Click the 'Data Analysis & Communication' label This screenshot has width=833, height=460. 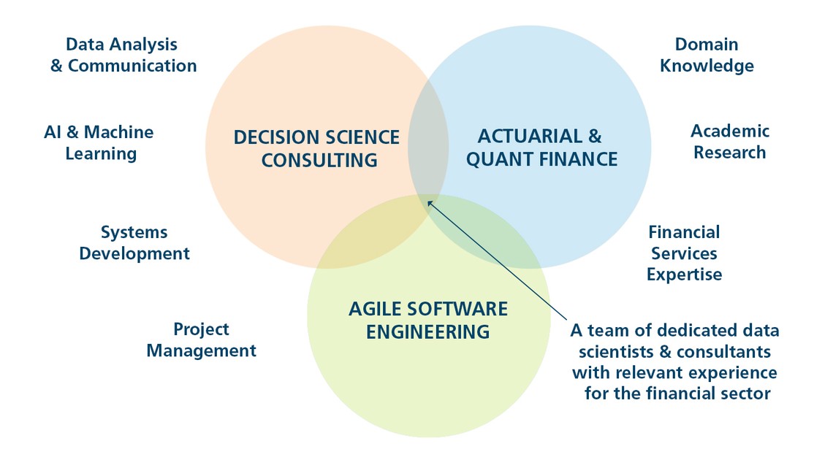coord(123,55)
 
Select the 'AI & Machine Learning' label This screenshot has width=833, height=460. coord(99,142)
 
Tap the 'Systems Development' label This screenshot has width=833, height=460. coord(134,243)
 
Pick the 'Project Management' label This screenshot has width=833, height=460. coord(202,340)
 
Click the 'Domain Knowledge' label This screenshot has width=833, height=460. coord(707,55)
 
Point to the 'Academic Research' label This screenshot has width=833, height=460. coord(730,142)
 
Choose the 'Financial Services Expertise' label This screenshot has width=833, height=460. coord(684,253)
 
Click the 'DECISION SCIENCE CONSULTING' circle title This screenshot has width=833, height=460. coord(317,148)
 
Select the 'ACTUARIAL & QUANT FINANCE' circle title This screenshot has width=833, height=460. coord(541,147)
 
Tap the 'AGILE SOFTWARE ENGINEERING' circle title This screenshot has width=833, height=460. coord(428,321)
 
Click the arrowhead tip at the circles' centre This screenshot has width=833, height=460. coord(427,201)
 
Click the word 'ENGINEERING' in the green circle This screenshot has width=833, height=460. coord(428,332)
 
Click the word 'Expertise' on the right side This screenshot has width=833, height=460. coord(684,275)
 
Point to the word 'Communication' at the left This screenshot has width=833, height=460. coord(132,66)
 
